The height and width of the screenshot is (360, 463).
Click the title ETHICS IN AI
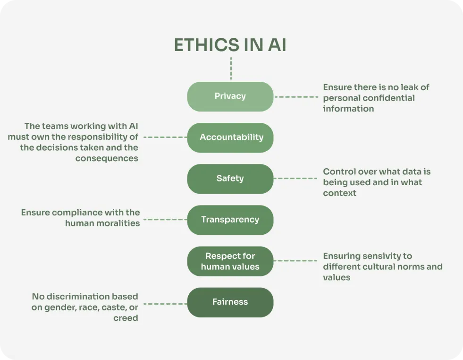(x=230, y=45)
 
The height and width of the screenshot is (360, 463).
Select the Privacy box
(x=230, y=96)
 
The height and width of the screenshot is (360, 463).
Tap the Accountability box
(x=230, y=137)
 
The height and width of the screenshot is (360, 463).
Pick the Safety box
(x=230, y=179)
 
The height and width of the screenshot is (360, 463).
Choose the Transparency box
(x=230, y=220)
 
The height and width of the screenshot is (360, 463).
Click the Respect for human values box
(x=230, y=261)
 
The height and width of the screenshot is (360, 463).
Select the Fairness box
(x=230, y=302)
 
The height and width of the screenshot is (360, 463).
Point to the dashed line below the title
(x=231, y=69)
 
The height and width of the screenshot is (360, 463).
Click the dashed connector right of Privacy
(x=296, y=97)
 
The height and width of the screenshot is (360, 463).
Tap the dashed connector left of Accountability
(x=165, y=137)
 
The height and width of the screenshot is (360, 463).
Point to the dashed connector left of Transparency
(x=165, y=220)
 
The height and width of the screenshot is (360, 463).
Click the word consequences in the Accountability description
(x=107, y=159)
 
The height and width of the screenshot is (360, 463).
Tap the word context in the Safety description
(x=340, y=193)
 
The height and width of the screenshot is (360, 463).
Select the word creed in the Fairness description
(x=126, y=318)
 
